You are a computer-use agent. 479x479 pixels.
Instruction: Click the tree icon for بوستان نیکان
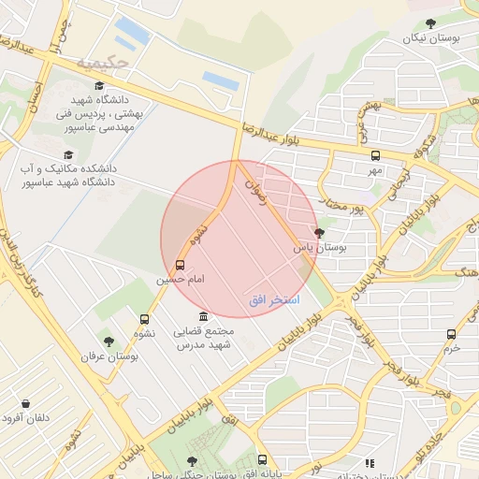[430, 23]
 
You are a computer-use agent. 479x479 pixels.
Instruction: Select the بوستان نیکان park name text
[430, 38]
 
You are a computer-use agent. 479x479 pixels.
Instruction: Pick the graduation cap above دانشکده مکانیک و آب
[67, 155]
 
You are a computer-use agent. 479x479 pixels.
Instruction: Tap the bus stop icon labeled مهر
[375, 155]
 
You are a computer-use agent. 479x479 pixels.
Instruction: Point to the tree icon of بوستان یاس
[320, 233]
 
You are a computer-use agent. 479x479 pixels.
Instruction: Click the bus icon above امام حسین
[181, 265]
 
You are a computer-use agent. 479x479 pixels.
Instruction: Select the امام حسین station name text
[178, 279]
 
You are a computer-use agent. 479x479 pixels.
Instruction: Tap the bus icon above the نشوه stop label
[144, 320]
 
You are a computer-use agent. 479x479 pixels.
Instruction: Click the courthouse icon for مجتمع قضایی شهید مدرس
[204, 317]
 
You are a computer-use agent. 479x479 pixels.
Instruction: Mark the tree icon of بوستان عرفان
[109, 341]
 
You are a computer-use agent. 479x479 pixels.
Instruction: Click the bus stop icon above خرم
[452, 333]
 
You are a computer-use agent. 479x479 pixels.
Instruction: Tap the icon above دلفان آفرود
[25, 404]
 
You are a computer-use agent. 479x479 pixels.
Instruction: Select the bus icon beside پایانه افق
[262, 459]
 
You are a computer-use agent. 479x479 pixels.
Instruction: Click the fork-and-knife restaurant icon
[370, 462]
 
